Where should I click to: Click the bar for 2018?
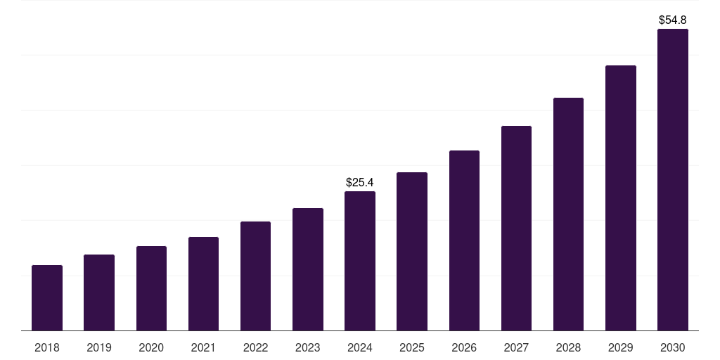tap(47, 298)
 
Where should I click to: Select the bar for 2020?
tap(151, 288)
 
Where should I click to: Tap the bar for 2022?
tap(255, 276)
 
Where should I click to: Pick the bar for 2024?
tap(360, 261)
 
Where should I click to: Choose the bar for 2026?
tap(464, 240)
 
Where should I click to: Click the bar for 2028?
tap(568, 214)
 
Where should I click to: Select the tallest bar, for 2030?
tap(673, 180)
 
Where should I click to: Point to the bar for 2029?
tap(621, 198)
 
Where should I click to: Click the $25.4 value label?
tap(360, 183)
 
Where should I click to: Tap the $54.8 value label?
tap(673, 20)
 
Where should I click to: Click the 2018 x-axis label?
tap(47, 348)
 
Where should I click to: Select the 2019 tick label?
tap(99, 348)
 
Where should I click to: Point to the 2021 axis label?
tap(203, 348)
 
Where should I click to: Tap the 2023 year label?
tap(308, 348)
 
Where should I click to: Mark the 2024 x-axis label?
tap(360, 348)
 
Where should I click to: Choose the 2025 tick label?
tap(412, 348)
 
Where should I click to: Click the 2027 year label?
tap(516, 348)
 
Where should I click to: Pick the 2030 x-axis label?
tap(673, 348)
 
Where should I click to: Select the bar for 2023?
tap(308, 269)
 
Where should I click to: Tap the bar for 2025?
tap(412, 252)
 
